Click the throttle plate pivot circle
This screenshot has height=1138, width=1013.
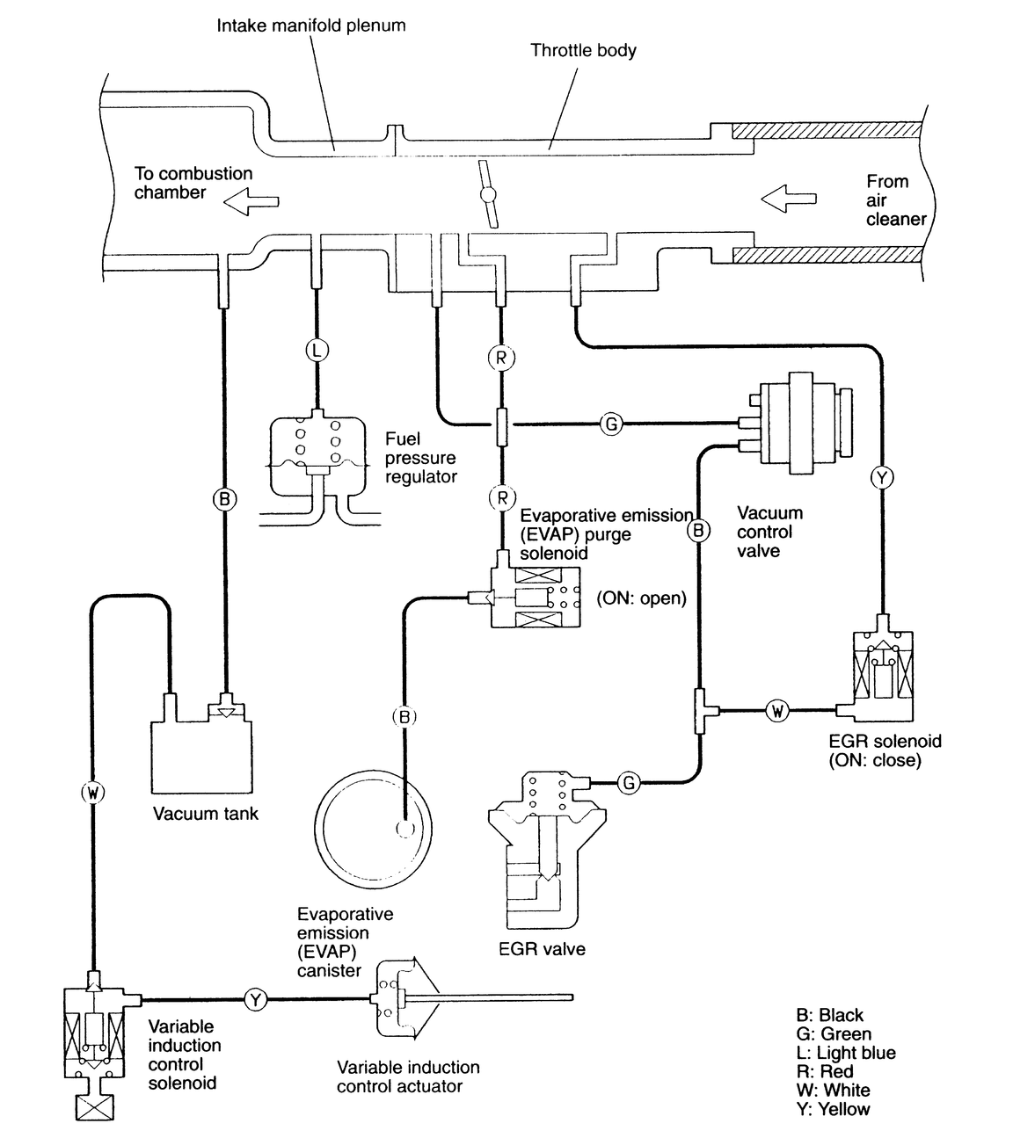pos(487,195)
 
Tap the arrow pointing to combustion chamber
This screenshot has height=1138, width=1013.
pos(251,201)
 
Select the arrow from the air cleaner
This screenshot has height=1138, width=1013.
pos(788,199)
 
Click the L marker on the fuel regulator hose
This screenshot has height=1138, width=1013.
pos(317,351)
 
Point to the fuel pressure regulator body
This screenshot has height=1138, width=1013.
pos(317,456)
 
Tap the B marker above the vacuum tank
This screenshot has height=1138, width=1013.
pos(225,499)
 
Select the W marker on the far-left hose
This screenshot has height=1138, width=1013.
pos(92,794)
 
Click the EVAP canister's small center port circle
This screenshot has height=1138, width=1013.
pos(405,828)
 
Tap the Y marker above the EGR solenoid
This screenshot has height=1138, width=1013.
pos(881,477)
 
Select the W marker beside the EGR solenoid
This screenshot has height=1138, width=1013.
pos(777,711)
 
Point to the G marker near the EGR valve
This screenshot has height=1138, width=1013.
pos(629,782)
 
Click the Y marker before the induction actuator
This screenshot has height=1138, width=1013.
pos(256,1000)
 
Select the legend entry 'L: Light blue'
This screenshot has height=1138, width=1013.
pos(846,1052)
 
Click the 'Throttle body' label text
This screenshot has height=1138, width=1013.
pos(584,51)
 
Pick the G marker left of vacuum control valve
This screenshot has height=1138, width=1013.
pos(612,424)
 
